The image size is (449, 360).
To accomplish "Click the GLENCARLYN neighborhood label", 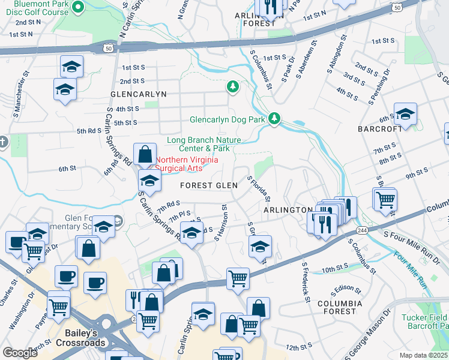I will pos(137,94).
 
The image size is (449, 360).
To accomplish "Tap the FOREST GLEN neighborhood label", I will pos(208,185).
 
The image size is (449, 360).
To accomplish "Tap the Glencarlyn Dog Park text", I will pos(228,119).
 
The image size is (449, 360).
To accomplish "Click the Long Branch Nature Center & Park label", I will pos(199,144).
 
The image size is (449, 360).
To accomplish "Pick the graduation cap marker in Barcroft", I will pos(405,114).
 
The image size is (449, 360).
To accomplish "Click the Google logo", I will pos(20,353).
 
